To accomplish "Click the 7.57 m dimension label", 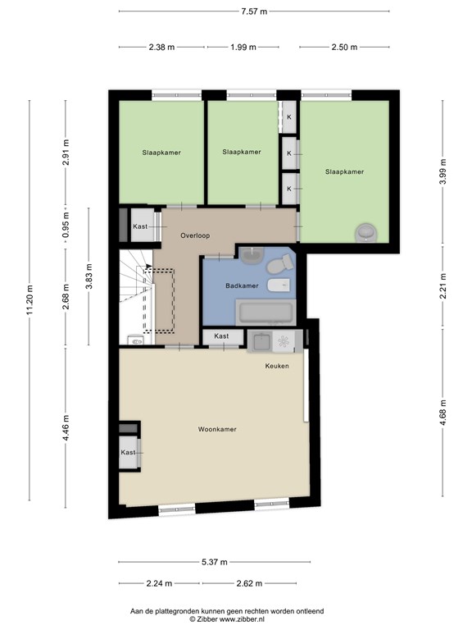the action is point(254,11).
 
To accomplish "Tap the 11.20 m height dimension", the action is point(29,299).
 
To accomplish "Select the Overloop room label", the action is point(195,235).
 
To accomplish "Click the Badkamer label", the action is point(242,285).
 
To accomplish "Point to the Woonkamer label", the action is point(217,429).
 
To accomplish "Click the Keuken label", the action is point(277,366).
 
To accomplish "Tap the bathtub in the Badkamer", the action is point(265,313).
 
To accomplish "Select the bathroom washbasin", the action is point(252,255).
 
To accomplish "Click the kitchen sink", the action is point(260,341).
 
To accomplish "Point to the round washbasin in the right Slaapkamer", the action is point(366,233).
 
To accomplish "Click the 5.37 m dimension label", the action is point(215,562).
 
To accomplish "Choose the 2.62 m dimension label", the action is point(249,583).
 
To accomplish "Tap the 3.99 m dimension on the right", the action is point(442,171).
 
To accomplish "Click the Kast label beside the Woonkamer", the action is point(128,453).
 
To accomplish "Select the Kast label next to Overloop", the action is point(140,226).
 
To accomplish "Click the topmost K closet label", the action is point(289,117).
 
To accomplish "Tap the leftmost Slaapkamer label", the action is point(161,153).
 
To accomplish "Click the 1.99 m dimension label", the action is point(243,48).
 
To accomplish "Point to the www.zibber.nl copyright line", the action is point(227,619).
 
